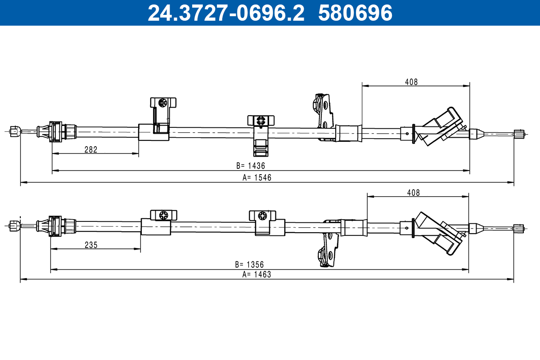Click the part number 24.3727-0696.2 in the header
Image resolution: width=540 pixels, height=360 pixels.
point(226,13)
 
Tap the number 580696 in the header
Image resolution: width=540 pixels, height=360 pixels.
point(355,13)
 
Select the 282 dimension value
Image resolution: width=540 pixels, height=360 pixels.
point(91,150)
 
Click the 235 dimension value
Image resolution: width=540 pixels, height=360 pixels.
point(91,245)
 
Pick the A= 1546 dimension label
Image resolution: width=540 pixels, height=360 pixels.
point(257,178)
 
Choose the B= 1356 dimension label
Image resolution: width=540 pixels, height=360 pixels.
point(249,264)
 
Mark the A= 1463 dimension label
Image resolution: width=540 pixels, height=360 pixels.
point(257,274)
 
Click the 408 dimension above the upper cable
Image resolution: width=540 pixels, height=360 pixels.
point(411,82)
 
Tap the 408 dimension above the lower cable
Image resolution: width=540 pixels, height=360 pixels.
point(413,193)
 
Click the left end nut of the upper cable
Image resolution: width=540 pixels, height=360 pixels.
point(14,131)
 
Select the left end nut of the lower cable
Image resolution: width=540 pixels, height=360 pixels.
point(14,225)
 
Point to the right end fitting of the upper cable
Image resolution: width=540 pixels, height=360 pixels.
point(519,134)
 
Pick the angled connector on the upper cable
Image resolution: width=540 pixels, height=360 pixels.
point(439,127)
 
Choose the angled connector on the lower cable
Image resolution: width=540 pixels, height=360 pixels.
point(439,233)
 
